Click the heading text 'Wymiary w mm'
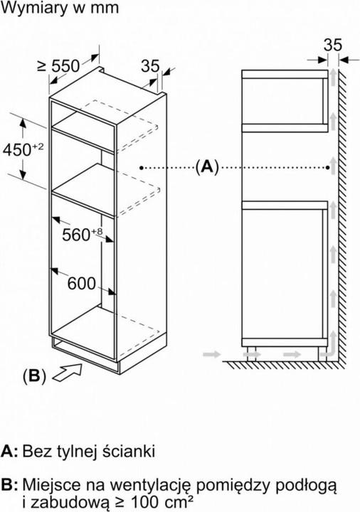[x=60, y=8]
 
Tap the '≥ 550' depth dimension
[x=58, y=66]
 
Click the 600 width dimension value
[x=82, y=284]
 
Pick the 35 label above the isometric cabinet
[x=150, y=66]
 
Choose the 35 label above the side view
[x=332, y=45]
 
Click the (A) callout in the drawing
[x=207, y=167]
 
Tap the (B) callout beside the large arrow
[x=34, y=376]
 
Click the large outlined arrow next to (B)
[x=68, y=372]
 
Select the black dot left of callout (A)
[x=141, y=168]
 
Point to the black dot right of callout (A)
[x=328, y=168]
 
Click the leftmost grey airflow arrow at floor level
[x=212, y=354]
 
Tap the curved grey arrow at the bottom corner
[x=330, y=347]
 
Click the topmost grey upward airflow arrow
[x=333, y=77]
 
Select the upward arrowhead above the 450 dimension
[x=23, y=123]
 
